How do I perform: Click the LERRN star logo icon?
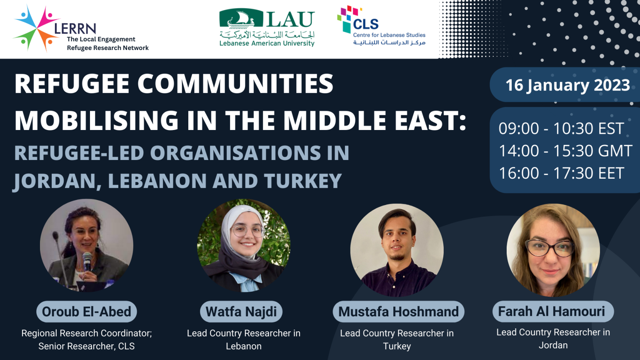click(x=37, y=28)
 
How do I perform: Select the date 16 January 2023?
click(x=567, y=85)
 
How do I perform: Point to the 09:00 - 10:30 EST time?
click(x=561, y=128)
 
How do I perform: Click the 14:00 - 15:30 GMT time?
click(x=565, y=151)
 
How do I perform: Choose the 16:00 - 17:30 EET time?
click(x=561, y=173)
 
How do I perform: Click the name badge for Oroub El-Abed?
click(x=87, y=312)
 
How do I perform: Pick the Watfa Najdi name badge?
click(x=241, y=312)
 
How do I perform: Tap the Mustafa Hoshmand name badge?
click(x=398, y=312)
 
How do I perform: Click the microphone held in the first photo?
click(x=87, y=261)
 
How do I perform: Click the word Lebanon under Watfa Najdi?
click(x=244, y=346)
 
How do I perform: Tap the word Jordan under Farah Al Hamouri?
click(x=553, y=345)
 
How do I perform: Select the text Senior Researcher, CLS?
click(x=87, y=346)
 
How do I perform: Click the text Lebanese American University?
click(x=267, y=43)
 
